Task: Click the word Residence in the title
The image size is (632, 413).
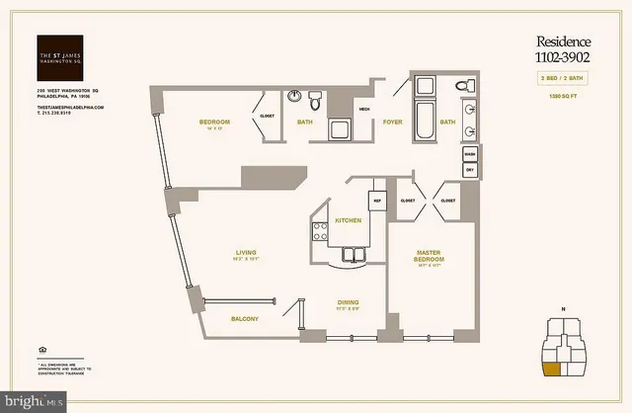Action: pos(562,41)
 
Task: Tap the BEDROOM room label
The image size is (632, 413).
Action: pos(213,122)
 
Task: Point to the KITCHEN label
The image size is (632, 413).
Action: pos(347,219)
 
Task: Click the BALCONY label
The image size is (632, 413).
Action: pos(245,318)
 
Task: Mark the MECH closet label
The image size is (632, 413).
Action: pos(363,109)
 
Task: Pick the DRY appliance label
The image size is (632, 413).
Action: pos(469,170)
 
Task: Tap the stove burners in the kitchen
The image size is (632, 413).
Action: pos(320,232)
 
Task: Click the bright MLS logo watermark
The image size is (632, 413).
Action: pos(35,402)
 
